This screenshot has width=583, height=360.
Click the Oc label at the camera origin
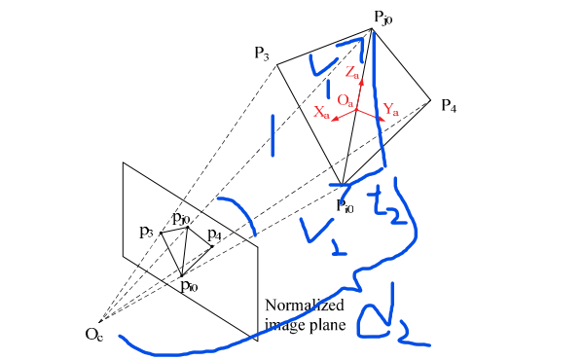(93, 337)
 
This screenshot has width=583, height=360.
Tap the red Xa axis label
(320, 112)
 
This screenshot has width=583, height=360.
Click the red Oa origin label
(345, 99)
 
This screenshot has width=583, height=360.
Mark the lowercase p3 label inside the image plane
(146, 232)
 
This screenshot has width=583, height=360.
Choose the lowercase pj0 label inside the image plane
(181, 218)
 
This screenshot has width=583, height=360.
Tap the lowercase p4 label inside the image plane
(214, 234)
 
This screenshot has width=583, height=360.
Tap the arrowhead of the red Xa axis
(332, 120)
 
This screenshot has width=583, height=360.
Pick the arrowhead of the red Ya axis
(384, 118)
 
